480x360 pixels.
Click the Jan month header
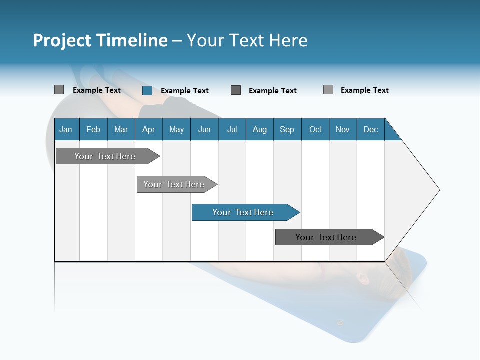[66, 129]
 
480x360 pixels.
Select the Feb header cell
[93, 129]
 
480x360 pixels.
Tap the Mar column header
[121, 129]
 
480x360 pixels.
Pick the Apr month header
[149, 129]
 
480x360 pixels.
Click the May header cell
[176, 129]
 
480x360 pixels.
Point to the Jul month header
[232, 129]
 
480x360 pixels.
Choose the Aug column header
[260, 129]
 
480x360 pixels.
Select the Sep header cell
[287, 129]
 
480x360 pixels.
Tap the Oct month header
[315, 129]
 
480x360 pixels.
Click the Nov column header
[343, 129]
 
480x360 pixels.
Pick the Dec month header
[371, 129]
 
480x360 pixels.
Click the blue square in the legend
[147, 90]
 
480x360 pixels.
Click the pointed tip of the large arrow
[438, 190]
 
